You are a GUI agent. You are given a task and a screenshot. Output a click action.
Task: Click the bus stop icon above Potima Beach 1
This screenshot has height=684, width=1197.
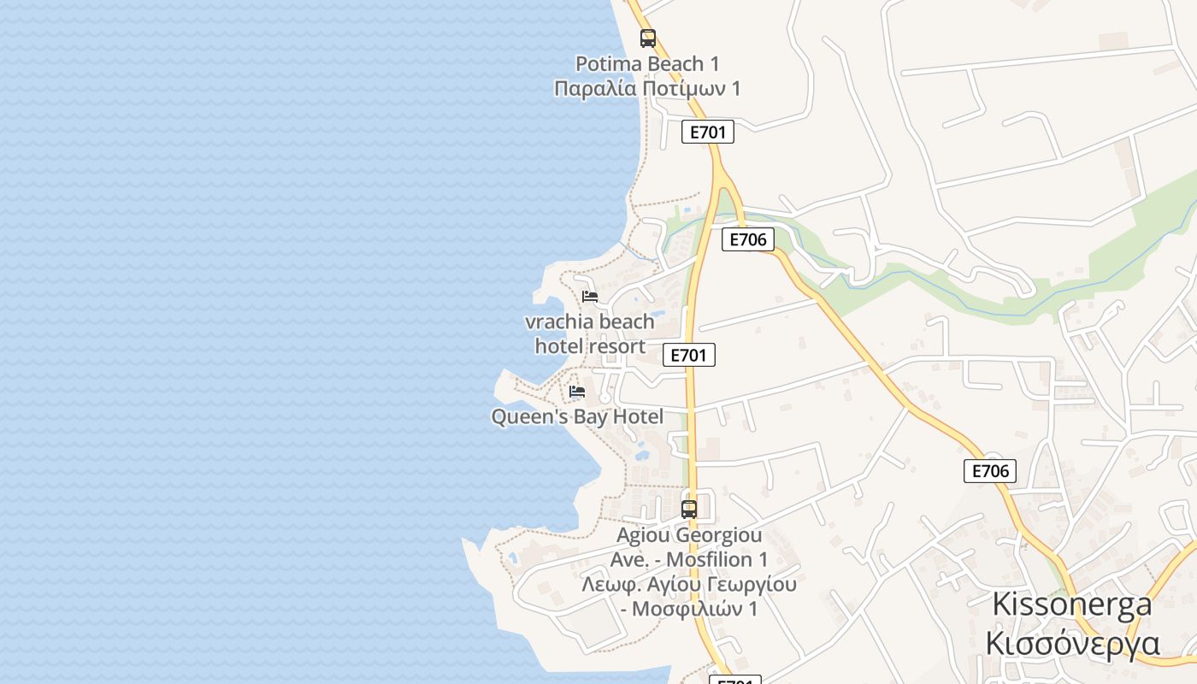point(648,38)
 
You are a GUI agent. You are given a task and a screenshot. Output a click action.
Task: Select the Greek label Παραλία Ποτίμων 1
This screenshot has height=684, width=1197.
point(647,88)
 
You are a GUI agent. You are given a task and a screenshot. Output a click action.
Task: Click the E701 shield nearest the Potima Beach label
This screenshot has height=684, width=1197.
point(708,133)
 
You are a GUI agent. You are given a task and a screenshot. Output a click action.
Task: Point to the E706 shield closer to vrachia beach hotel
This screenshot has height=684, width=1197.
point(748,239)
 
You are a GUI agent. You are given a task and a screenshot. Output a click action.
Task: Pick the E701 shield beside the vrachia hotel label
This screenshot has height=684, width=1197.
point(689,355)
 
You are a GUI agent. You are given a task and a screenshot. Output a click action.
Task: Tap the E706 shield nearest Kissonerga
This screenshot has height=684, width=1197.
point(990,470)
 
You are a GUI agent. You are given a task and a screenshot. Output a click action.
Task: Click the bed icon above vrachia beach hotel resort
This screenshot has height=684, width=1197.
point(590,298)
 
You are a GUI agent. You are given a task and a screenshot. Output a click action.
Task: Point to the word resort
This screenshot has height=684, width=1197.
point(617,347)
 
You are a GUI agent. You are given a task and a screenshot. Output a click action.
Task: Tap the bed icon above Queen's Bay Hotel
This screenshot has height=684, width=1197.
point(577,392)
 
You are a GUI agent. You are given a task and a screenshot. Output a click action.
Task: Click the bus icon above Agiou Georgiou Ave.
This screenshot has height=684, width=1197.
point(689,510)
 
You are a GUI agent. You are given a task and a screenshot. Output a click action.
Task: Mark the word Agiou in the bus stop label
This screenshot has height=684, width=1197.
point(644,536)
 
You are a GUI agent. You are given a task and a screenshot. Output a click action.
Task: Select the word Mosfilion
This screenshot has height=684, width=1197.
point(703,560)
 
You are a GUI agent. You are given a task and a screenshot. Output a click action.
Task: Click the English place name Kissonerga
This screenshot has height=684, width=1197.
point(1072,604)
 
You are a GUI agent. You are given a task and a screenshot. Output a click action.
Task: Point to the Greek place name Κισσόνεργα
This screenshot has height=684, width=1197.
point(1072,643)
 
